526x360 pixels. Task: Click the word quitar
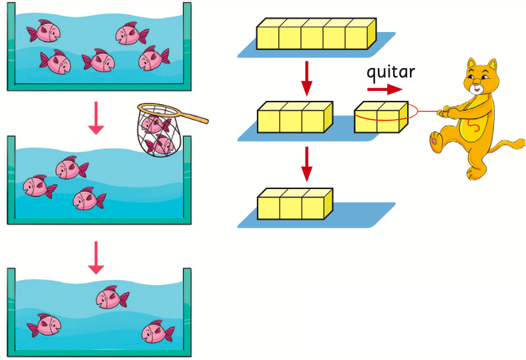pyautogui.click(x=390, y=72)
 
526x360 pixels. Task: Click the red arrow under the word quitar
pyautogui.click(x=384, y=89)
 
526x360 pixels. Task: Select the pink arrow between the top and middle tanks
pyautogui.click(x=96, y=118)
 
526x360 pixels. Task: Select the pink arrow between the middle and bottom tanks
pyautogui.click(x=96, y=257)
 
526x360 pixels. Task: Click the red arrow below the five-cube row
pyautogui.click(x=306, y=78)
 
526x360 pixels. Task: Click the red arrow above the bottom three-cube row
pyautogui.click(x=306, y=163)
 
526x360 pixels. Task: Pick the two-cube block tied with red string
pyautogui.click(x=380, y=118)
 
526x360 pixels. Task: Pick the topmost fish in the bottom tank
pyautogui.click(x=111, y=297)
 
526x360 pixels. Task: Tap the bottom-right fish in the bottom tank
pyautogui.click(x=157, y=331)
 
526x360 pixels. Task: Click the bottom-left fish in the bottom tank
pyautogui.click(x=45, y=325)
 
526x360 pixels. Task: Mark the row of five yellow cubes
pyautogui.click(x=316, y=34)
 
